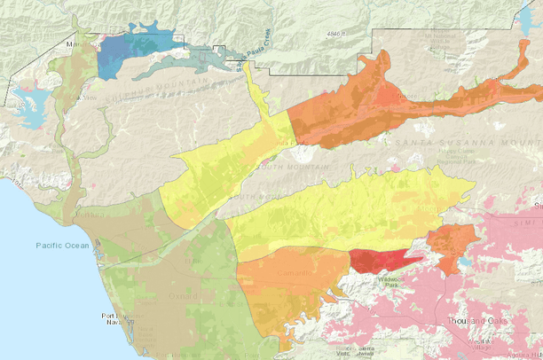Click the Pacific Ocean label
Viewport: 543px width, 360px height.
62,246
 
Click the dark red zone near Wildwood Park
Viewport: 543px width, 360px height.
378,260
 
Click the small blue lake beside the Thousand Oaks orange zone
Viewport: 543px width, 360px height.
467,263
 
